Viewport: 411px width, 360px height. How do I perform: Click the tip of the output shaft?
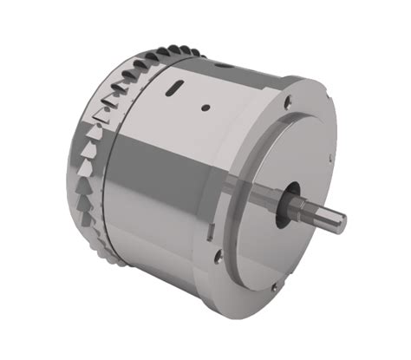tap(340, 222)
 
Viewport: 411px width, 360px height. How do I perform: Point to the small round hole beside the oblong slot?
tap(205, 108)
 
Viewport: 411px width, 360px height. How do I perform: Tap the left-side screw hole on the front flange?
tap(219, 255)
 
